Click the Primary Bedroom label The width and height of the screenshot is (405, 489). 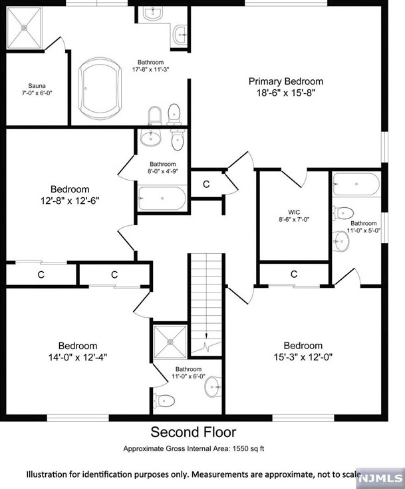tap(286, 81)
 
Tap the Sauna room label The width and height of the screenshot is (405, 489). tap(37, 86)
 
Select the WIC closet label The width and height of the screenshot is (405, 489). tap(294, 213)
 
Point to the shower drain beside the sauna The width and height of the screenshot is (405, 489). tap(24, 28)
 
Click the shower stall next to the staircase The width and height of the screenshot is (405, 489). tap(170, 342)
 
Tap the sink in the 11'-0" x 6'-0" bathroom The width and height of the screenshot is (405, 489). tap(213, 387)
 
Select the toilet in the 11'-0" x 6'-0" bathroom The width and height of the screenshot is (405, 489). tap(164, 400)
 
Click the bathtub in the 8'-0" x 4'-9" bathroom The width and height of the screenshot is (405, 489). tap(162, 199)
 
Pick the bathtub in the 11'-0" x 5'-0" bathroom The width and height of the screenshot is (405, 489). tap(356, 185)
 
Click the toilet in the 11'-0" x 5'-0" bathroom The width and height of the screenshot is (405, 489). tap(343, 213)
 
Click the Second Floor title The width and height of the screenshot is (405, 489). tap(194, 432)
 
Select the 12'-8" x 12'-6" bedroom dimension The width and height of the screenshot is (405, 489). tap(70, 201)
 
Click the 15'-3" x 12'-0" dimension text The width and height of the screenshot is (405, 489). tap(303, 357)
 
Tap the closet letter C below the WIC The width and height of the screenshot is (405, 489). tap(294, 274)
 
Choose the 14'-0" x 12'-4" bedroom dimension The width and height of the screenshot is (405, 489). tap(78, 357)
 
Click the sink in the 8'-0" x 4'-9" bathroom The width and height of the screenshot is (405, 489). tap(151, 137)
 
